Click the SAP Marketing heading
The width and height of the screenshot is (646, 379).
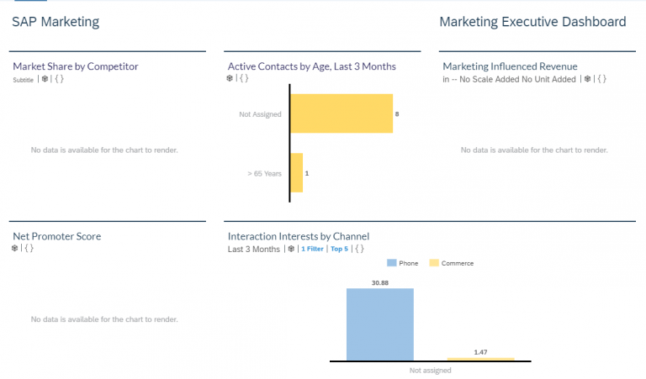click(56, 22)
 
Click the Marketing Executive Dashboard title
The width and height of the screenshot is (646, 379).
click(532, 22)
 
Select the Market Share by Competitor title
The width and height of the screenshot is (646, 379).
click(76, 66)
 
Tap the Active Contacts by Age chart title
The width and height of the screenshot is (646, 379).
click(311, 66)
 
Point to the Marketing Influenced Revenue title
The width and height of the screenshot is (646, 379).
click(510, 66)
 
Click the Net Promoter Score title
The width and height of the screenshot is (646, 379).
click(56, 236)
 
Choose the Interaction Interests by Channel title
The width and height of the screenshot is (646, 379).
click(299, 236)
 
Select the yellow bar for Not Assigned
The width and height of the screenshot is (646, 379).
click(342, 113)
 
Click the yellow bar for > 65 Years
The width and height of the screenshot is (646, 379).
click(297, 172)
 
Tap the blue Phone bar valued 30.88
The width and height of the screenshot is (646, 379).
click(379, 324)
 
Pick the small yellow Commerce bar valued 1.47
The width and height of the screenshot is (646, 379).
click(480, 360)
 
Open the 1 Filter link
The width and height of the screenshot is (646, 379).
click(312, 249)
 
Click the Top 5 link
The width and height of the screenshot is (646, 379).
click(339, 249)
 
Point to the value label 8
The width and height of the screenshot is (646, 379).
click(397, 113)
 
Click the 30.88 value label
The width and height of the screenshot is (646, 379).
click(379, 282)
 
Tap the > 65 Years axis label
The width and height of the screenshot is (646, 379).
click(264, 173)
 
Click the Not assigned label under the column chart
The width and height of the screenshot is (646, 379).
click(430, 370)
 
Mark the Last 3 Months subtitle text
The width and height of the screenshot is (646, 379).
click(253, 249)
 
